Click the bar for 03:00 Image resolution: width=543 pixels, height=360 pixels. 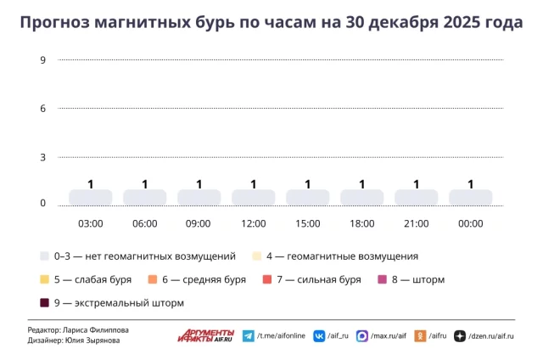(x=90, y=197)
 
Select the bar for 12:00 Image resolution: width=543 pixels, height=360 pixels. (x=253, y=197)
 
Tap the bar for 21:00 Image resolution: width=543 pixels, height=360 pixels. (x=416, y=197)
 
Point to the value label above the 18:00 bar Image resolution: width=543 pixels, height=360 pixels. (x=361, y=184)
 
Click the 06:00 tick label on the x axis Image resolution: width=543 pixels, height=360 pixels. (x=144, y=224)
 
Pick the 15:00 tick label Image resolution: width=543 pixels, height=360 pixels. (x=307, y=224)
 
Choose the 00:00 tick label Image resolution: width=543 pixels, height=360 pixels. (x=470, y=224)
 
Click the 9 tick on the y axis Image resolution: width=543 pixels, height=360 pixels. (x=42, y=59)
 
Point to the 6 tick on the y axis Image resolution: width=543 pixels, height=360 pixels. (x=42, y=109)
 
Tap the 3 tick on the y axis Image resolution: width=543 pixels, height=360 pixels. (x=42, y=158)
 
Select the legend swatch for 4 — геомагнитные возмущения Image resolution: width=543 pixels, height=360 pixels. (x=257, y=256)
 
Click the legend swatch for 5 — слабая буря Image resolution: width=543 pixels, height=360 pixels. (x=44, y=279)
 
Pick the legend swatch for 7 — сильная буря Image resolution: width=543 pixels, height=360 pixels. (x=267, y=279)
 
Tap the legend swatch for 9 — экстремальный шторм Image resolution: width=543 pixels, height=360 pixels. (x=44, y=303)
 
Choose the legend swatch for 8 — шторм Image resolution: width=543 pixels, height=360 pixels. (x=382, y=279)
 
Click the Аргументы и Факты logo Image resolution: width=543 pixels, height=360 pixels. (x=205, y=335)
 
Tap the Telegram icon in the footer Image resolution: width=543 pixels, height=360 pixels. (x=249, y=336)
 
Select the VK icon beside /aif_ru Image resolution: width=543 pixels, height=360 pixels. (x=319, y=336)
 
